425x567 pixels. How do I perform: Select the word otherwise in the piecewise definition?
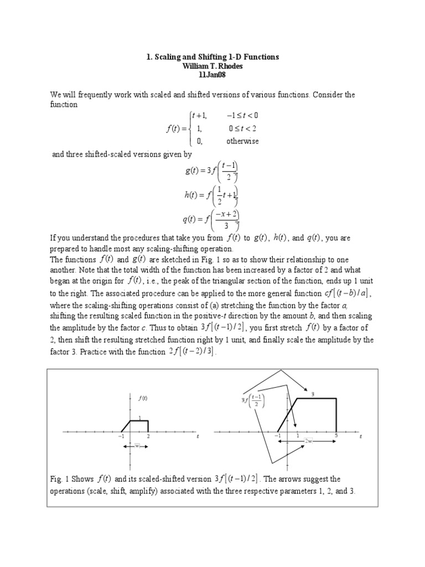tap(242, 141)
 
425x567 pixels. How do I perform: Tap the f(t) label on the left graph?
tap(143, 398)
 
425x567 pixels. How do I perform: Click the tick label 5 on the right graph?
tap(335, 436)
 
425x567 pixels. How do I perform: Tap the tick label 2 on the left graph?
tap(148, 436)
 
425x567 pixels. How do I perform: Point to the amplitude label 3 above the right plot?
tap(313, 394)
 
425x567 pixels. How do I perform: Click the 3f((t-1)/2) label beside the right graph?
tap(253, 400)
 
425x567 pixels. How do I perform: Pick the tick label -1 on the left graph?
tap(120, 436)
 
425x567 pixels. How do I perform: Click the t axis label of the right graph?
tap(360, 436)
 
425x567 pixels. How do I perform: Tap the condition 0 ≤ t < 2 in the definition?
tap(242, 128)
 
